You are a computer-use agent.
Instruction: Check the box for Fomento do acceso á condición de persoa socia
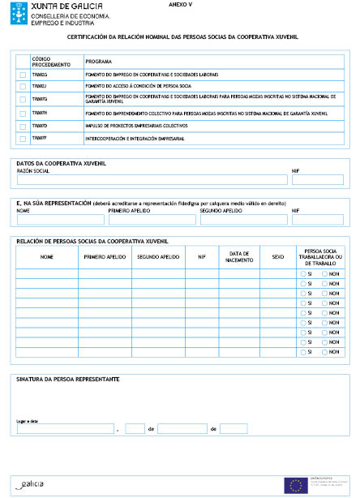click(23, 85)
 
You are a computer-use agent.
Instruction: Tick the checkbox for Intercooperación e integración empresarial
click(23, 139)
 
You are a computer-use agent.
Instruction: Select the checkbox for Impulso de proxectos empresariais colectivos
click(23, 126)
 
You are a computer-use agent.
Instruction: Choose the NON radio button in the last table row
click(324, 352)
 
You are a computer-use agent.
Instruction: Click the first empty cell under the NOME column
click(46, 274)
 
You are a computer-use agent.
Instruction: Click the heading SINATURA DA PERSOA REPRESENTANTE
click(68, 379)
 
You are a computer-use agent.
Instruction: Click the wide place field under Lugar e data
click(66, 428)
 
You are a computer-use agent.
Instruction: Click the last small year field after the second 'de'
click(234, 428)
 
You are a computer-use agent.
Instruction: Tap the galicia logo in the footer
click(32, 483)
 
